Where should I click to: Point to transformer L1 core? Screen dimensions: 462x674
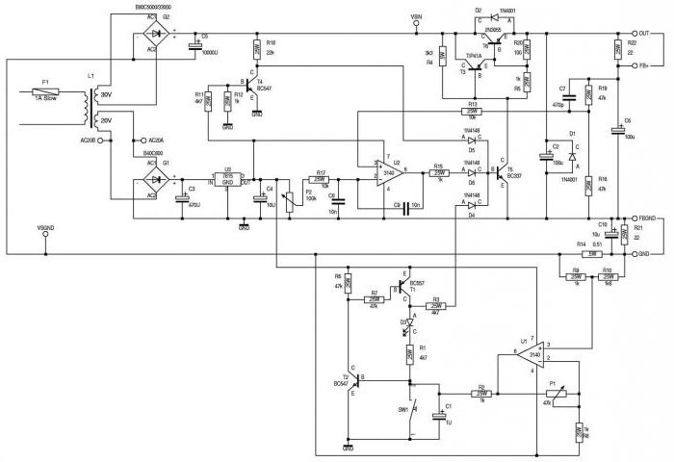point(92,107)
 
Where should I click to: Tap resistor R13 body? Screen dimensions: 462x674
point(471,111)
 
